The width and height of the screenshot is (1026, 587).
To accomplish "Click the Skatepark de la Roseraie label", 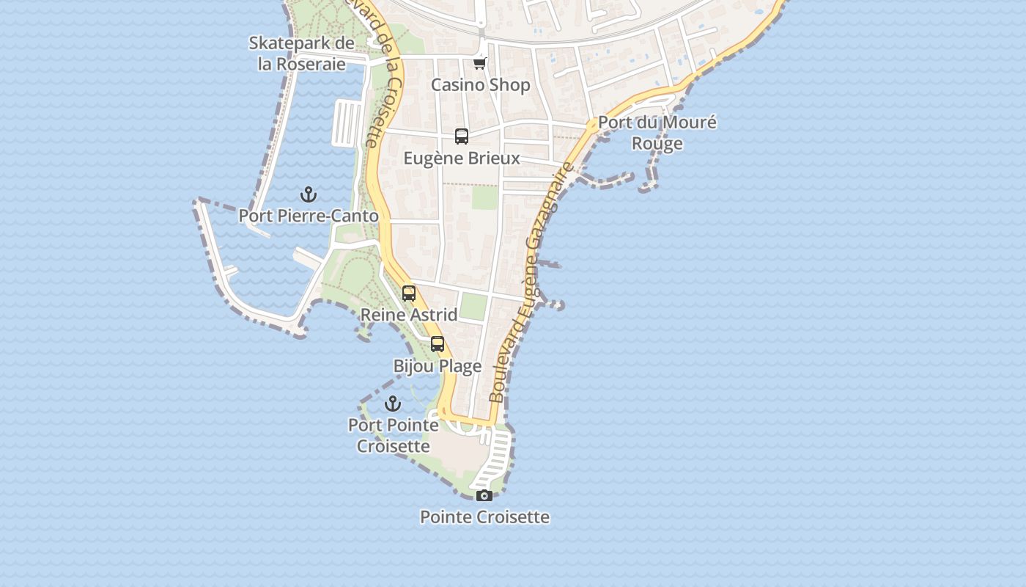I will [301, 54].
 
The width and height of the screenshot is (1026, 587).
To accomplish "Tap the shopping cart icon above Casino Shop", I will [480, 64].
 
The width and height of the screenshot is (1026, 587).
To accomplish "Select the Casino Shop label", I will [480, 85].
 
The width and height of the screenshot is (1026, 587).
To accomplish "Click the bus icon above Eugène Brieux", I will [462, 136].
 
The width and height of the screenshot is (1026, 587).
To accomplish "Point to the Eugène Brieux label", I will [462, 158].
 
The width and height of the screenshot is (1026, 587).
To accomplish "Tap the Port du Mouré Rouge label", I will [657, 133].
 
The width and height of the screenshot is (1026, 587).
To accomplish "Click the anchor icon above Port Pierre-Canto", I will [309, 194].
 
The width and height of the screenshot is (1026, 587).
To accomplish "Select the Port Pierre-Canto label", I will [309, 216].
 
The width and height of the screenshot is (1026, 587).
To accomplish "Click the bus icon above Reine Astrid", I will [409, 293].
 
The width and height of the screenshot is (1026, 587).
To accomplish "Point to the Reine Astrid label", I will [409, 315].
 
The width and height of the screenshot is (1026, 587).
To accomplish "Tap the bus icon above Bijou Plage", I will [438, 344].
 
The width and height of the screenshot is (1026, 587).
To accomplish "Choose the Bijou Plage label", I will [438, 366].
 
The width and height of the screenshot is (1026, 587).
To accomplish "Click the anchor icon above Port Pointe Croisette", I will [394, 404].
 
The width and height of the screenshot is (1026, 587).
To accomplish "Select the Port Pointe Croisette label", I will [394, 435].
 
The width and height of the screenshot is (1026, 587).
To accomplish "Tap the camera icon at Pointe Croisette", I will [484, 496].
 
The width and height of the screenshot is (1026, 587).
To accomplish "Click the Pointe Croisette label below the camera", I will [484, 517].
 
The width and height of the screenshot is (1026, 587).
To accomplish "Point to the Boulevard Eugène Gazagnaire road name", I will [531, 282].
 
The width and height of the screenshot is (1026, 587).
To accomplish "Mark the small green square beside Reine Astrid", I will [473, 307].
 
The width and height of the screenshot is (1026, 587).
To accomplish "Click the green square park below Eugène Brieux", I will [484, 197].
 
